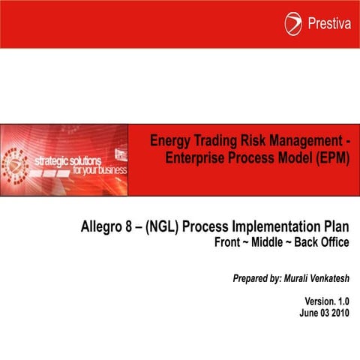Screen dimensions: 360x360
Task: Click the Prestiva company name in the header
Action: point(328,24)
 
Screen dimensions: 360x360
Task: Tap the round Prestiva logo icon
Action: point(293,24)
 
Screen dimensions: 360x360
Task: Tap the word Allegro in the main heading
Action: point(104,226)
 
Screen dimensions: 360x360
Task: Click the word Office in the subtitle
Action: point(336,243)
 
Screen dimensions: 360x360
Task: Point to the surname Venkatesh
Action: point(326,278)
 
